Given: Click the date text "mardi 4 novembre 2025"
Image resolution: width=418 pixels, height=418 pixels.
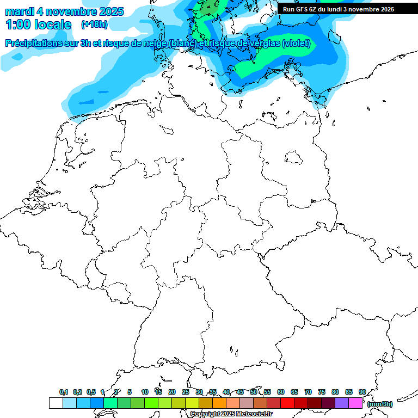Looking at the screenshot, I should coord(64,11).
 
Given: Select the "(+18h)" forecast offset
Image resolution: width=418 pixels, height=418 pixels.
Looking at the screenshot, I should coord(94,24).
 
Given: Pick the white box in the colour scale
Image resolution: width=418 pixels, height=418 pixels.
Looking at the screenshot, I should coord(56,403).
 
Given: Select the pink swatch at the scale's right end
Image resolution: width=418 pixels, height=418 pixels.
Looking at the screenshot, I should coord(355,403).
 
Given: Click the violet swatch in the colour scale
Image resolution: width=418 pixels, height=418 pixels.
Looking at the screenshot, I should coord(342,403).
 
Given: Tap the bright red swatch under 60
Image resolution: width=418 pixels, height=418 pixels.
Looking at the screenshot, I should coord(287,403).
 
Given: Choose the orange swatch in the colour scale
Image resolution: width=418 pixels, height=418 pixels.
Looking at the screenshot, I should coord(219,403).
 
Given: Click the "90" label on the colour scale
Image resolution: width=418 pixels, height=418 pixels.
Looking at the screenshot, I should coord(362,392).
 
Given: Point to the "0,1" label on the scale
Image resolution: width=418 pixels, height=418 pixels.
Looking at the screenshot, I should coord(64,392).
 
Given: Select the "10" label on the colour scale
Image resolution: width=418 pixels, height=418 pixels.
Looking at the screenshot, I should coord(145,392).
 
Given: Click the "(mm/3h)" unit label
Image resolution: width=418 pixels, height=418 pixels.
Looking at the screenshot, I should coord(380,404).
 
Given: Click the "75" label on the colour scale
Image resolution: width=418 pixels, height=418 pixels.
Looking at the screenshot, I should coord(322,392).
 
